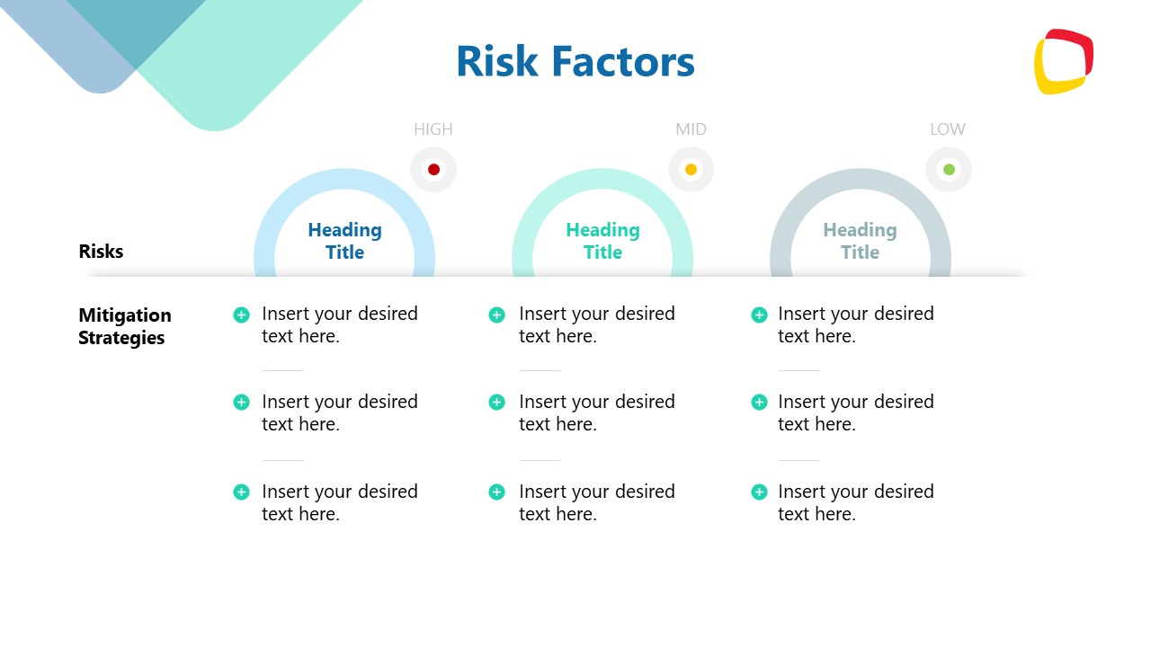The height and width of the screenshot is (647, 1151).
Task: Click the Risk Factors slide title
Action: pos(575,62)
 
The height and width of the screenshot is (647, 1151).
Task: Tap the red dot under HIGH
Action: pos(433,170)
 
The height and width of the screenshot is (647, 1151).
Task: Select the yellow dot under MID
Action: pos(691,170)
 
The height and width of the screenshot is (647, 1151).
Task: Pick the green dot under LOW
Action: pos(949,170)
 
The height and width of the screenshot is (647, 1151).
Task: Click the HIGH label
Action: pos(433,129)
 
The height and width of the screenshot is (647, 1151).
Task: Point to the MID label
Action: pos(691,129)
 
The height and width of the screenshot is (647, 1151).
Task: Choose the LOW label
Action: pos(948,129)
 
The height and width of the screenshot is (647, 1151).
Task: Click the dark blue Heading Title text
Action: pos(344,241)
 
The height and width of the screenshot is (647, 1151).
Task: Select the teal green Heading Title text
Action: pos(602,241)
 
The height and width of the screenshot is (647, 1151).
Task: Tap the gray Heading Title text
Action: pos(860,241)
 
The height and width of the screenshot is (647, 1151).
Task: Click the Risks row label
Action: pos(101,252)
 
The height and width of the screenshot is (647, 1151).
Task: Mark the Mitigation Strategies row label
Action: pos(124,326)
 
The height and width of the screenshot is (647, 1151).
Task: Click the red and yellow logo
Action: pos(1063,62)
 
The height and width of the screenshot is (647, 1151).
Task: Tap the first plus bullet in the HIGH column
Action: pos(241,315)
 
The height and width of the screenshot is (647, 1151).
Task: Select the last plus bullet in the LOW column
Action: pos(759,492)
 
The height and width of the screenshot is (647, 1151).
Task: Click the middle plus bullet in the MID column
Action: pos(496,403)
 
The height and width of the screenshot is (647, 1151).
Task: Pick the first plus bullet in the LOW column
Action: pos(759,315)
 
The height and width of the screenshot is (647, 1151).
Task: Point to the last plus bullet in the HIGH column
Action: pos(241,492)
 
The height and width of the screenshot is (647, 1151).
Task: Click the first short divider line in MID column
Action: pos(540,370)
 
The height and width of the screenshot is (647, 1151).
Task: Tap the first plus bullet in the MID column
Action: pos(496,315)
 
